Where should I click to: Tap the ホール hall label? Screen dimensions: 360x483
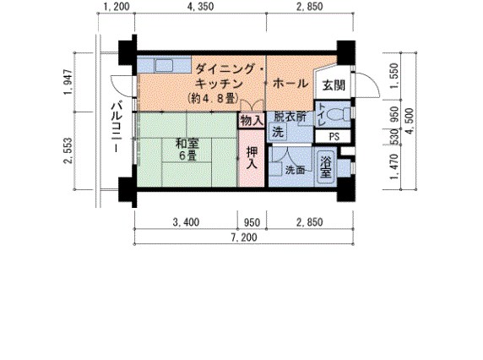[x=290, y=84]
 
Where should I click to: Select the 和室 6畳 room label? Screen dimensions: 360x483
[x=186, y=150]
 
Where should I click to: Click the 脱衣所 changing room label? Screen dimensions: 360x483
[x=289, y=117]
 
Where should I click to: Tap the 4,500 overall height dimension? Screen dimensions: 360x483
[x=410, y=119]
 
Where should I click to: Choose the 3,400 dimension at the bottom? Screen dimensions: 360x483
[x=186, y=223]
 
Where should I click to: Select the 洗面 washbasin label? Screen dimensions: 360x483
[x=296, y=170]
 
